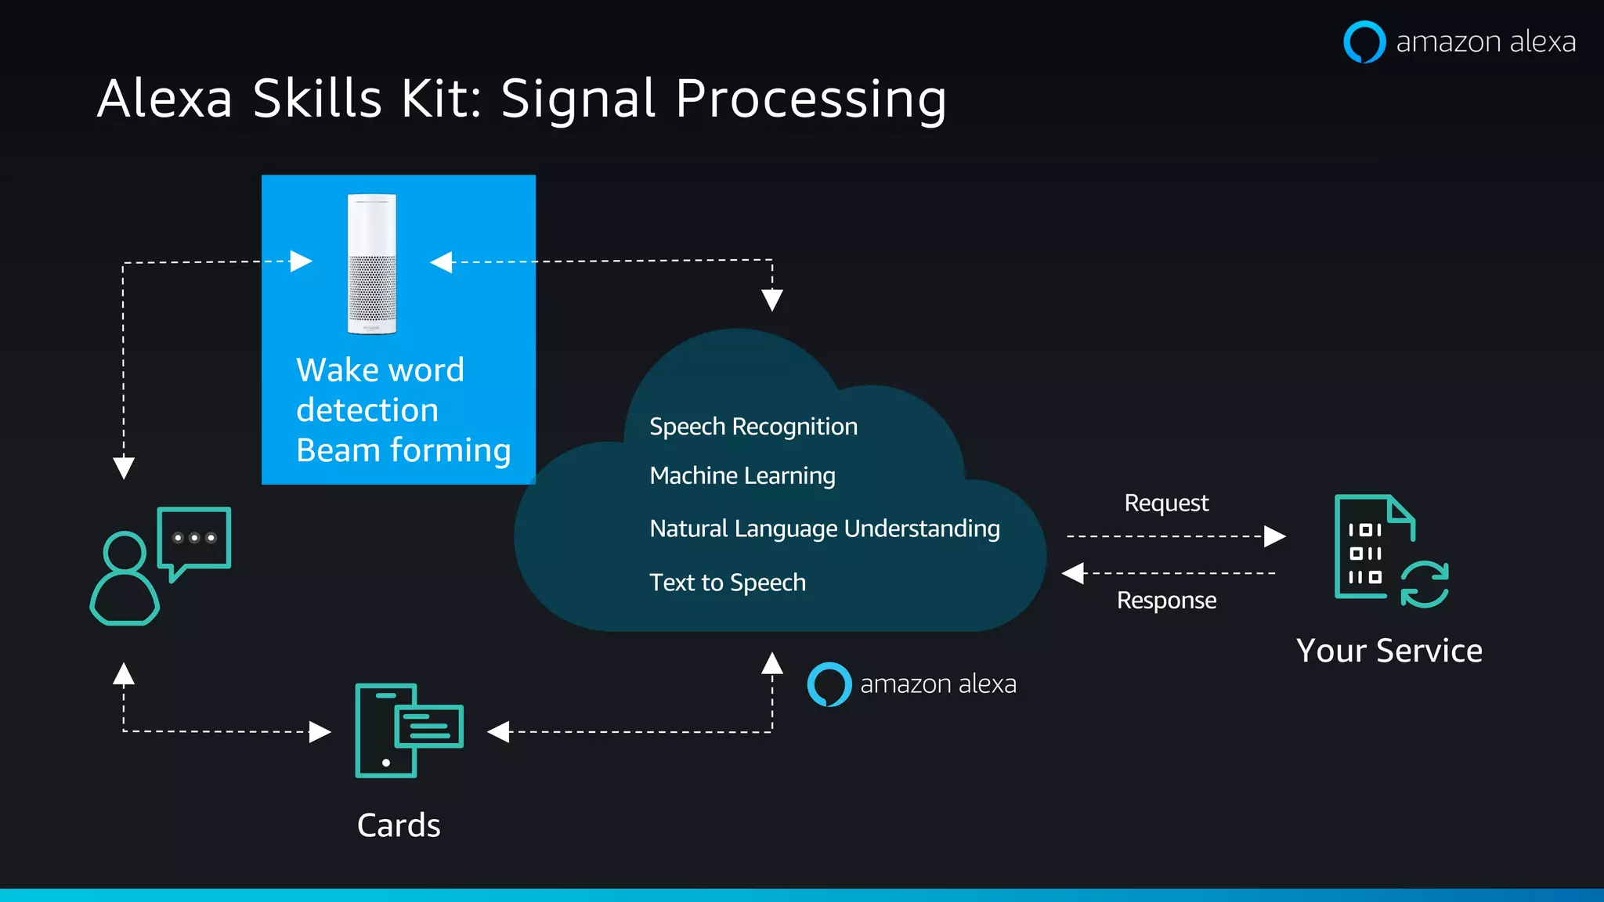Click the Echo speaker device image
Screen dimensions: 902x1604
372,264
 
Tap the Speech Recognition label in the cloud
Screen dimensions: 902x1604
753,427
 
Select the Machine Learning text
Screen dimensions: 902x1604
742,476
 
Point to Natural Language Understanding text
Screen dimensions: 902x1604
824,529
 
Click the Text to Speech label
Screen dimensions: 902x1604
727,583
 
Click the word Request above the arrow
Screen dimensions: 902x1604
1165,503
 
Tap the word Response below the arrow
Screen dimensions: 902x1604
1165,601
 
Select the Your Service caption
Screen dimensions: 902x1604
1389,651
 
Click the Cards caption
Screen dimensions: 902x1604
399,825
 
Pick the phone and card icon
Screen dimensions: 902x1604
407,730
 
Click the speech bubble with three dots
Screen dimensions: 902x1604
194,539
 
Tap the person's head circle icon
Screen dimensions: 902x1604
125,552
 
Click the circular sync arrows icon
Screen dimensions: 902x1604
1424,585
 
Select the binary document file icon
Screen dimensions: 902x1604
1367,548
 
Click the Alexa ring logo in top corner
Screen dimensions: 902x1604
1364,41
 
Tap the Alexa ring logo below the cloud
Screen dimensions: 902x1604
829,684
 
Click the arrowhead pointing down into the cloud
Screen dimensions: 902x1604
771,300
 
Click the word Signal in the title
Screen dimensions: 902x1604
577,99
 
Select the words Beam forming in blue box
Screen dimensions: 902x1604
403,450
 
